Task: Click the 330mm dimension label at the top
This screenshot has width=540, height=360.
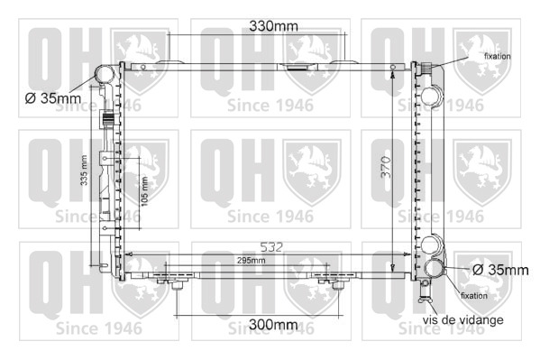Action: click(273, 26)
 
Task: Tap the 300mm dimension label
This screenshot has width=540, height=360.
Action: click(273, 324)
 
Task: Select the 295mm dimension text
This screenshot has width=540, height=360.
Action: click(251, 261)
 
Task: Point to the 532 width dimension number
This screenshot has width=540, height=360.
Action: click(271, 247)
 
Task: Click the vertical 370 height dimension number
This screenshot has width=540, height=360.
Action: click(386, 167)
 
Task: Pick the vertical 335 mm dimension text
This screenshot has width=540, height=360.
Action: click(84, 171)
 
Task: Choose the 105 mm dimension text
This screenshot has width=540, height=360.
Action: click(144, 191)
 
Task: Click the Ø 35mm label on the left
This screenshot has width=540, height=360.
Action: click(53, 98)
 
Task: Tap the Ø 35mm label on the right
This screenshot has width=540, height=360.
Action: click(500, 270)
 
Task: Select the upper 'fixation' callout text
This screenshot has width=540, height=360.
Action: click(498, 56)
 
